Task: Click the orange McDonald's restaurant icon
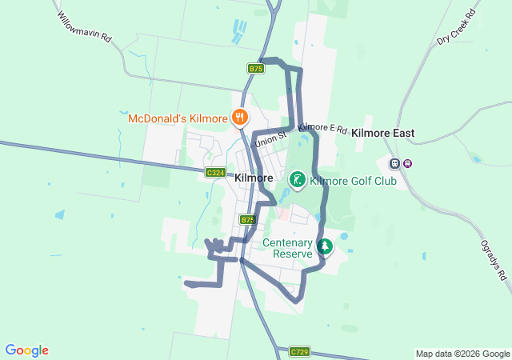click(238, 118)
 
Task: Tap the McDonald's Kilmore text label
click(178, 118)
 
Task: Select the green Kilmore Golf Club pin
click(297, 180)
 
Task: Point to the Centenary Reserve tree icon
click(324, 246)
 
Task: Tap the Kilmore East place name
click(382, 133)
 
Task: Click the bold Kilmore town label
click(254, 178)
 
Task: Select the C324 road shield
click(215, 173)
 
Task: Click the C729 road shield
click(299, 351)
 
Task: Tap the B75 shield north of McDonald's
click(255, 69)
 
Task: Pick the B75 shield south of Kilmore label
click(248, 219)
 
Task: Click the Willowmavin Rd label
click(83, 27)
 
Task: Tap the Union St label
click(268, 139)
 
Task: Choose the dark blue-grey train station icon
click(394, 163)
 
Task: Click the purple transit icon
click(407, 163)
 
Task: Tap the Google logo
click(26, 350)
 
